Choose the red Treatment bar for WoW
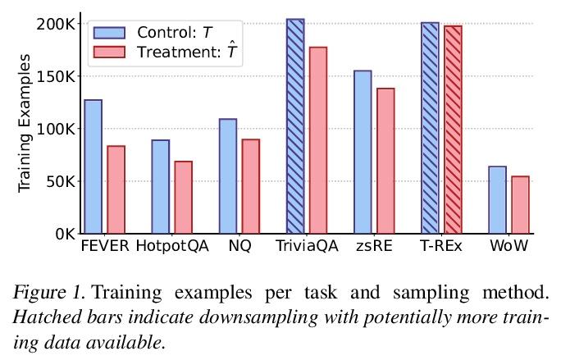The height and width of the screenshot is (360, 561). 520,204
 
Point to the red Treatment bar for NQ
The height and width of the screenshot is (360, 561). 250,186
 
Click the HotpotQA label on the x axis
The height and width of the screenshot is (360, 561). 172,246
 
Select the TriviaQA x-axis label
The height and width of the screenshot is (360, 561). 307,246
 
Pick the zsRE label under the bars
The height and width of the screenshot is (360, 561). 374,246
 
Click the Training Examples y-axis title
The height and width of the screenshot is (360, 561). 25,123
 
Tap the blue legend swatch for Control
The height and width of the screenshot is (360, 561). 109,33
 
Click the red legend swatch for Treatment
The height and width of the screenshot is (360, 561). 109,52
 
